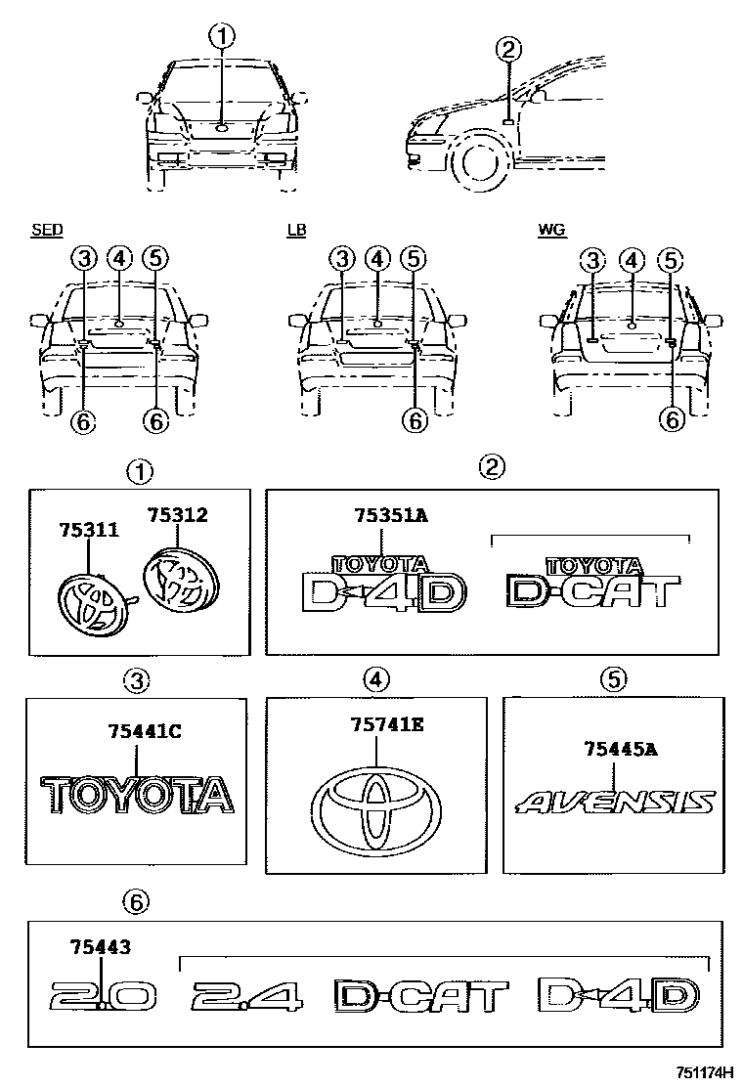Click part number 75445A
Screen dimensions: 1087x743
coord(620,750)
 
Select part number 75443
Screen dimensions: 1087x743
coord(101,946)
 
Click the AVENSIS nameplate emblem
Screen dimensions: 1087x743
coord(615,803)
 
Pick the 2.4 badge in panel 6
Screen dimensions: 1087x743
coord(247,996)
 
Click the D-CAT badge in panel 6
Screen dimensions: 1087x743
coord(420,996)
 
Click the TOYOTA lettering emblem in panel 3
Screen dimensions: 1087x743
coord(137,794)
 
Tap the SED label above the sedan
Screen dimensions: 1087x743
coord(47,231)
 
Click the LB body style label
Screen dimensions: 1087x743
coord(295,231)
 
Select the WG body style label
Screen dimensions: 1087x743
coord(551,231)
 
